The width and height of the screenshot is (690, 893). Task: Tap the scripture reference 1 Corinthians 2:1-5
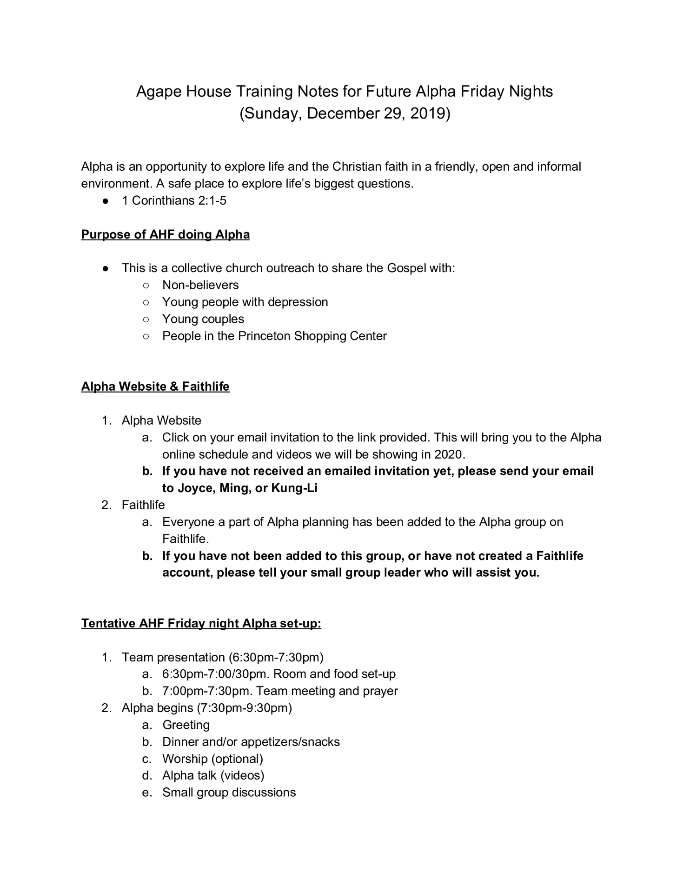point(174,200)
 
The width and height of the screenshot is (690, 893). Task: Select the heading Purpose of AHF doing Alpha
point(165,234)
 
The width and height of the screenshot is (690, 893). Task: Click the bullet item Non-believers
point(200,285)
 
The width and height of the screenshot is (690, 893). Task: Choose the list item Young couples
point(203,319)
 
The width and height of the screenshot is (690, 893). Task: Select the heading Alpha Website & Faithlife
point(155,387)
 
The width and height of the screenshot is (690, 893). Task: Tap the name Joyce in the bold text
point(193,488)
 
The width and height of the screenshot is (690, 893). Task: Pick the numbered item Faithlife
point(143,505)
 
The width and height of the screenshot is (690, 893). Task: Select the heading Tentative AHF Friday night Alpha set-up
point(201,623)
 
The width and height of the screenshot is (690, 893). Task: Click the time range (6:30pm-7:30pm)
point(276,657)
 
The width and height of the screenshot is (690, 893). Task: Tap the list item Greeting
point(186,725)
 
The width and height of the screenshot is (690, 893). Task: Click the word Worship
point(185,759)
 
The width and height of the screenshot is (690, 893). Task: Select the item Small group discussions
point(229,793)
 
